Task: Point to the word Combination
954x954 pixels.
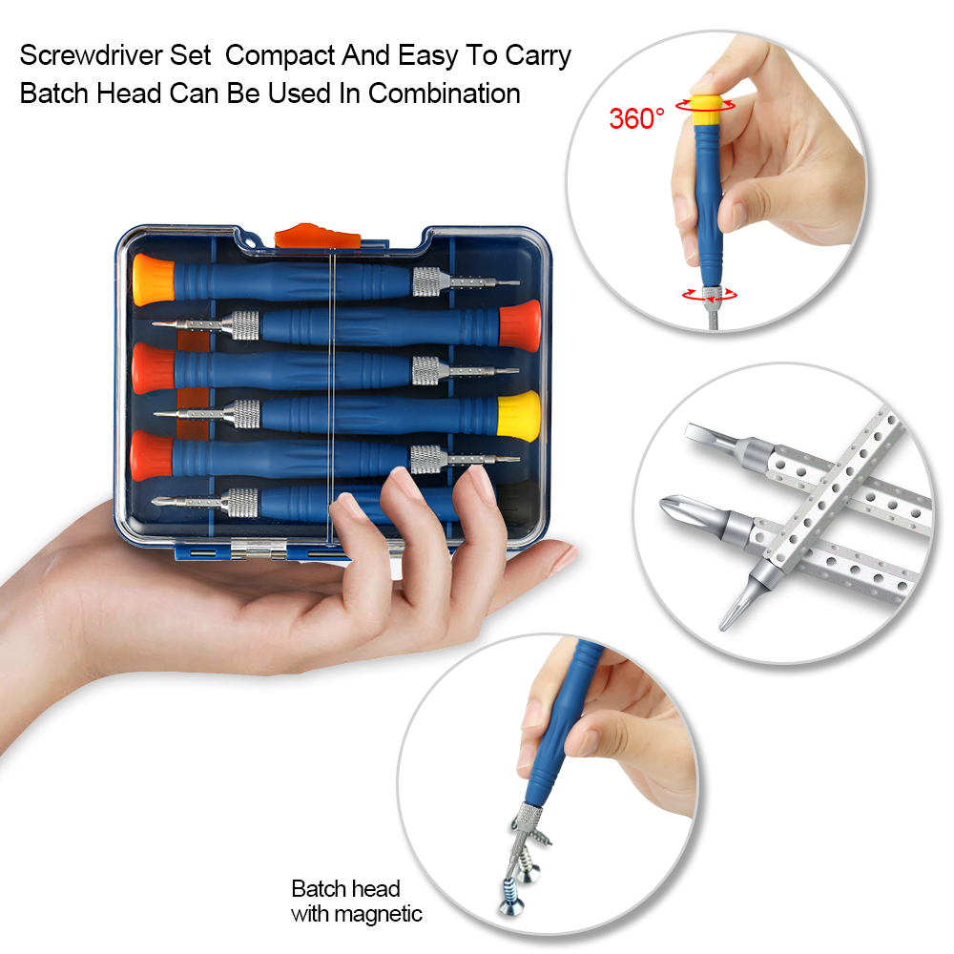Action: tap(445, 93)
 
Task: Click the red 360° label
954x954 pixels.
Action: tap(636, 118)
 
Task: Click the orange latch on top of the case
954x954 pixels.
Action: tap(317, 236)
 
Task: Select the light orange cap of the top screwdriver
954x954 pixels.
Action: tap(154, 280)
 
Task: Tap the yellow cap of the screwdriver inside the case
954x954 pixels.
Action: tap(518, 415)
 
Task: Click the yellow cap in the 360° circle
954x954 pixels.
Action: tap(706, 109)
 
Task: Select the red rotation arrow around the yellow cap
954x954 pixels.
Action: tap(706, 105)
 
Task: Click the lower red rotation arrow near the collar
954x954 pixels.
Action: tap(710, 295)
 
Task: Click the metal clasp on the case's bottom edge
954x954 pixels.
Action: tap(259, 550)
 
